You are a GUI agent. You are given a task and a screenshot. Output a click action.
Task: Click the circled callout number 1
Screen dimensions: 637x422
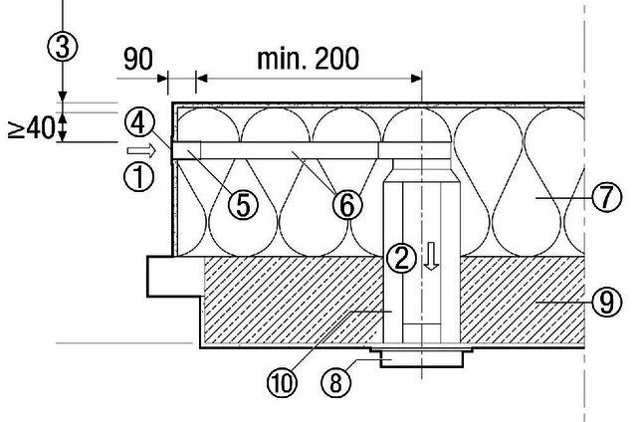tap(139, 177)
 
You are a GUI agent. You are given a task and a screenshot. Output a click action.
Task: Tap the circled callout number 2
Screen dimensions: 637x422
tap(401, 258)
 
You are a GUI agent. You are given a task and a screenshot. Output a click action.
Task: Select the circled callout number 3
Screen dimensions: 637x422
tap(62, 47)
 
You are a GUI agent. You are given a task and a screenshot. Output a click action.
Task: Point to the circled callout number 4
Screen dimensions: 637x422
tap(139, 123)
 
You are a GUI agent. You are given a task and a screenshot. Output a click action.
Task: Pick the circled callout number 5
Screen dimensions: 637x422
tap(243, 205)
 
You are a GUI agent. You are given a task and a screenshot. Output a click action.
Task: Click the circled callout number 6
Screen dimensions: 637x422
tap(347, 205)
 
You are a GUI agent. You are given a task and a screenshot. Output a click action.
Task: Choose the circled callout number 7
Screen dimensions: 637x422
tap(606, 197)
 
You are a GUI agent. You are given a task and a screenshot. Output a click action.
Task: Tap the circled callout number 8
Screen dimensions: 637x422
tap(336, 382)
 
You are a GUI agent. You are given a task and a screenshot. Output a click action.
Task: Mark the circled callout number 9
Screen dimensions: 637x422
tap(606, 302)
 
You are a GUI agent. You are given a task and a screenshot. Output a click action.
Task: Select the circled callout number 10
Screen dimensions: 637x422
tap(283, 382)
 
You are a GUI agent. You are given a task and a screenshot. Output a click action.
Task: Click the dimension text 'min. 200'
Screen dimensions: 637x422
tap(308, 59)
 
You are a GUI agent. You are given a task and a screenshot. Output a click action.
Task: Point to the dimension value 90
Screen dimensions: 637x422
tap(138, 60)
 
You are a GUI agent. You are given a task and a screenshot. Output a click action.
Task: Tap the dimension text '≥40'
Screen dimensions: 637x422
tap(31, 128)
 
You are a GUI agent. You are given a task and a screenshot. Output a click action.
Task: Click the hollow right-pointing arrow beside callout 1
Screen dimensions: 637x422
tap(141, 151)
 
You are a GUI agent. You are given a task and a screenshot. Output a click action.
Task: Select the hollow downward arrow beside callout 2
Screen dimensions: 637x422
tap(431, 256)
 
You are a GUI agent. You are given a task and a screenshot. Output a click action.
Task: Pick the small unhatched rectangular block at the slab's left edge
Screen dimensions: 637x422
tap(175, 276)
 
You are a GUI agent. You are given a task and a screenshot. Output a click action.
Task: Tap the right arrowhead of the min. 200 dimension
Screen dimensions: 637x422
tap(416, 79)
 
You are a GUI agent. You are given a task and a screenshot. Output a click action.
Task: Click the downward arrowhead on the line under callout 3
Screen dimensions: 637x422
tap(62, 97)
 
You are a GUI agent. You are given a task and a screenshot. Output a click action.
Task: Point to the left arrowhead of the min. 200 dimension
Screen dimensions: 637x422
tap(201, 79)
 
